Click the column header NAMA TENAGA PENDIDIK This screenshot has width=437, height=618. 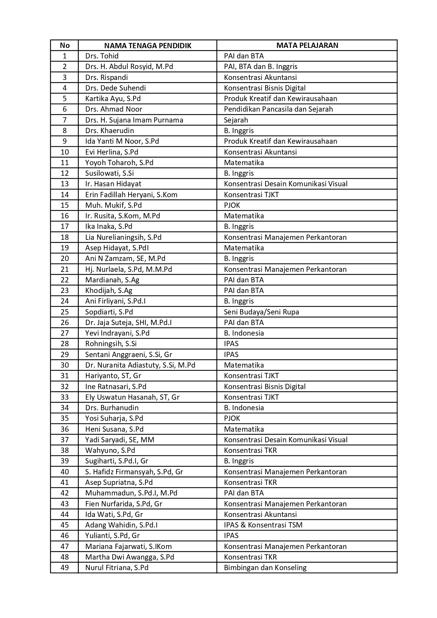(x=148, y=45)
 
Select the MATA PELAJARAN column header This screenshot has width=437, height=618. (x=307, y=45)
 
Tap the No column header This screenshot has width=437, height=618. (x=64, y=45)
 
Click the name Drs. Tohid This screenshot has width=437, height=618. (x=102, y=56)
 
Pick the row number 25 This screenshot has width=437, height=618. (x=64, y=312)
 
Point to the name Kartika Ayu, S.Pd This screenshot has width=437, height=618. (x=113, y=99)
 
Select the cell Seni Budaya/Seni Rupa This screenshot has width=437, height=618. (x=261, y=312)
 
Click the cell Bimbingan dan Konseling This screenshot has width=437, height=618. (x=265, y=568)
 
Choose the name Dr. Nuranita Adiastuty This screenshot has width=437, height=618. (x=140, y=365)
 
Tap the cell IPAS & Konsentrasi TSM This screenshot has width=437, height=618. (x=263, y=525)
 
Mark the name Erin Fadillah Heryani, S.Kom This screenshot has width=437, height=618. (x=131, y=195)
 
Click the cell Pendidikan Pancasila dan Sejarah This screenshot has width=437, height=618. (x=278, y=109)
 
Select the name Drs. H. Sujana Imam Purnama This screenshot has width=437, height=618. (x=134, y=120)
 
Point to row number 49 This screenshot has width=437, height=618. (x=64, y=568)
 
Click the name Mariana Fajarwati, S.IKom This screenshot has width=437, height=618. (x=129, y=547)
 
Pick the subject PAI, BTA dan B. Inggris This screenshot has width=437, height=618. (x=261, y=67)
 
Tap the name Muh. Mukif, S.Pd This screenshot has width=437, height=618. (x=113, y=205)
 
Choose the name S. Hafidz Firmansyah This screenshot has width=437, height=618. (x=134, y=472)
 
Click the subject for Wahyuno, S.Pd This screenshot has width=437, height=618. (x=250, y=450)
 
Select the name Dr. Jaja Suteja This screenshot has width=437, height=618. (x=128, y=323)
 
